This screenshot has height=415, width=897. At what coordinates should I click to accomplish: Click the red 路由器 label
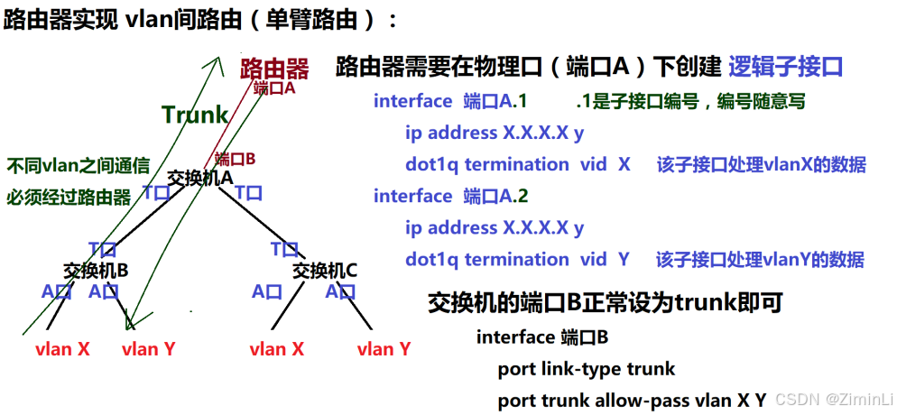point(274,69)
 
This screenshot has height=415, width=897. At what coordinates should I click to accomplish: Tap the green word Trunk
point(195,115)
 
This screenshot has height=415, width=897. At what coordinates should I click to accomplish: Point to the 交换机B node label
point(96,270)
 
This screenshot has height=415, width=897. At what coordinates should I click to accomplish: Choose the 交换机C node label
point(326,270)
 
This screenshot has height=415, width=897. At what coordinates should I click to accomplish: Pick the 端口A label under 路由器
point(274,88)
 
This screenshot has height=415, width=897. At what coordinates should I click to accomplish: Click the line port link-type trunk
point(586,369)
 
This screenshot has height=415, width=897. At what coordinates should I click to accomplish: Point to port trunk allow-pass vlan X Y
point(632,400)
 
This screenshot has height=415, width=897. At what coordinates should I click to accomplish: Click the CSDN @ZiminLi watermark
point(834,400)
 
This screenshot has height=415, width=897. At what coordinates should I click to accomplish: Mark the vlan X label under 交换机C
point(276,349)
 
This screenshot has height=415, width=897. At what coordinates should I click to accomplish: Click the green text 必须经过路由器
point(69,197)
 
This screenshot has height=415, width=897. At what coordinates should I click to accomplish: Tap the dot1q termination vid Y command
point(517,260)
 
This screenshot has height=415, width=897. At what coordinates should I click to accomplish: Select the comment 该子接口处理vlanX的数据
point(761,164)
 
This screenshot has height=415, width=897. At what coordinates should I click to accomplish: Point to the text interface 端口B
point(542,337)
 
